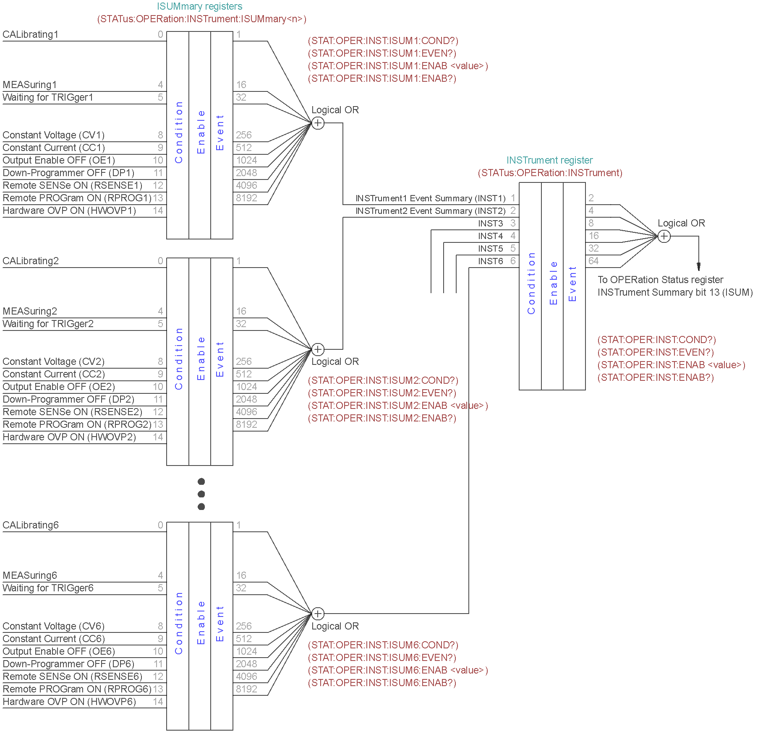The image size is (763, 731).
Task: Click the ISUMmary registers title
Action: click(x=199, y=6)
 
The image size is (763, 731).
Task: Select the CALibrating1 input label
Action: click(x=31, y=34)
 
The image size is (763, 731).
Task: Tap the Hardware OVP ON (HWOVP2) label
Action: click(x=69, y=437)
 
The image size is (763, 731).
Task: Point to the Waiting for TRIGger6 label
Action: click(x=48, y=588)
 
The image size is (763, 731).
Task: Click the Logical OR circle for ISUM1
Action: click(x=318, y=123)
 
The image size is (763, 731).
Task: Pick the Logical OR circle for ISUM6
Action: click(x=318, y=614)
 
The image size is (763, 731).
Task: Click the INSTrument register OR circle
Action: click(x=664, y=236)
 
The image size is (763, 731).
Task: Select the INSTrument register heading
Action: click(x=549, y=160)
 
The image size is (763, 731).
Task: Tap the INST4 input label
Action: click(x=490, y=236)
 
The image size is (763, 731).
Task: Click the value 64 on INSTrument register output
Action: click(x=593, y=261)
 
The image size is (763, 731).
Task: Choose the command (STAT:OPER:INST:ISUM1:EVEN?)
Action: click(x=382, y=53)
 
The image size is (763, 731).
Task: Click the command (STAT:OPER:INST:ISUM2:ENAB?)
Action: click(x=382, y=418)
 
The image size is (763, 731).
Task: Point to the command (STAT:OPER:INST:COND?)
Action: click(x=657, y=340)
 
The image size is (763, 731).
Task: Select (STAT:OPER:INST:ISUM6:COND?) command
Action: click(x=383, y=645)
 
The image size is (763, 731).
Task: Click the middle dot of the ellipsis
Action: click(x=201, y=494)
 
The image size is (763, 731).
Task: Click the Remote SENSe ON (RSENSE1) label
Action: click(x=72, y=185)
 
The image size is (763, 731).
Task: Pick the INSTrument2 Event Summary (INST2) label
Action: click(x=430, y=211)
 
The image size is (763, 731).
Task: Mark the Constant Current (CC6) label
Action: click(x=54, y=639)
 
